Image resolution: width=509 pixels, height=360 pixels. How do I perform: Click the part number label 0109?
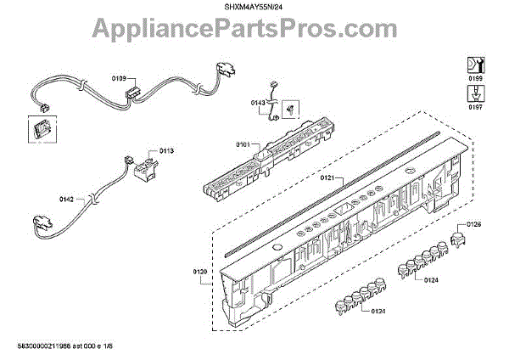pos(118,77)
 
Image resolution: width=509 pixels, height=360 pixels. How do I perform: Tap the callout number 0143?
pos(259,103)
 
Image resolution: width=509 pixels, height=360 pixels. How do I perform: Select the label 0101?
pos(243,145)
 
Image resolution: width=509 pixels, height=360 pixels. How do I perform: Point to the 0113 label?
pos(166,150)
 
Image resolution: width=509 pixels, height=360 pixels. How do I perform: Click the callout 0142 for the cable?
pos(66,199)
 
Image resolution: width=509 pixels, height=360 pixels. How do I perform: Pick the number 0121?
pos(327,179)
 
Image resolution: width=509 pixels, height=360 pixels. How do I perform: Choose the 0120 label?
pos(200,271)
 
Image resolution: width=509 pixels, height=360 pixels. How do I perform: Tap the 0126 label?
pos(474,224)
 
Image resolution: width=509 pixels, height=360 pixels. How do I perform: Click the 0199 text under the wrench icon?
pos(476,76)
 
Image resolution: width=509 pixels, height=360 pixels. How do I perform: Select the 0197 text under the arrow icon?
pos(476,108)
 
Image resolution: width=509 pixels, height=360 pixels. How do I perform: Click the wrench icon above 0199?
pos(476,64)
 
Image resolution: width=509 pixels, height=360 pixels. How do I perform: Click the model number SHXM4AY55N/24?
pos(254,7)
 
